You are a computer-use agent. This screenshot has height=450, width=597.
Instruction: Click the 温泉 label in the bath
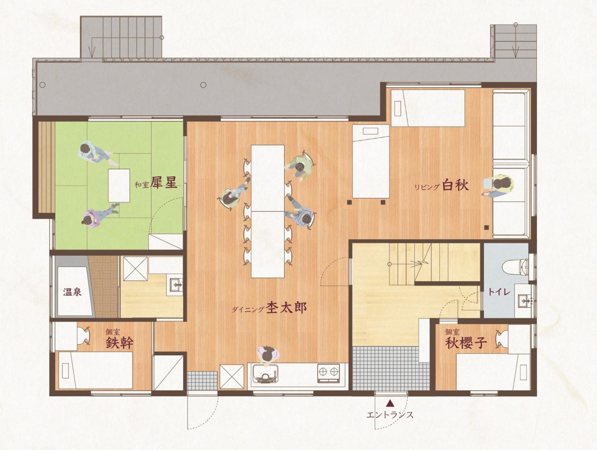tap(72, 292)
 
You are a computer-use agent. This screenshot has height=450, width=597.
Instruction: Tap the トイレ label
tap(499, 292)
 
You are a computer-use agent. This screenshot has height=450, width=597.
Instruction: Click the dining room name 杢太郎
tap(287, 307)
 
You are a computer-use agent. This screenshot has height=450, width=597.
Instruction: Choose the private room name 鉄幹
tap(120, 343)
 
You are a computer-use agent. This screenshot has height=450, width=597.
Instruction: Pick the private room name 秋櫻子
tap(466, 343)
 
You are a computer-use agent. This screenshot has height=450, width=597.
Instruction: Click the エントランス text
tap(390, 415)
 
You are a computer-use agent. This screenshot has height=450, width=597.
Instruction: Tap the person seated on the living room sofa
tap(499, 185)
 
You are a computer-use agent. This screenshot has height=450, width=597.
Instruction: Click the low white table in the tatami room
tap(119, 185)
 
